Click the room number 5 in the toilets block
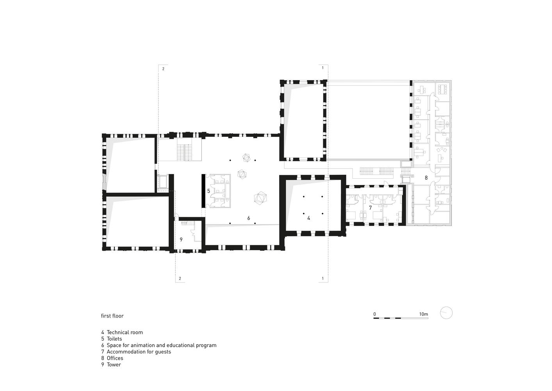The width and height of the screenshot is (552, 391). tap(208, 191)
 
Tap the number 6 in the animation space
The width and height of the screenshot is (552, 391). tap(249, 218)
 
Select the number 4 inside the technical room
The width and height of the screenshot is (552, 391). tap(308, 218)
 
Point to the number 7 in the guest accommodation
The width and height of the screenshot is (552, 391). tap(370, 208)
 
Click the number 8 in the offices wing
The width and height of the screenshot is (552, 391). tap(426, 178)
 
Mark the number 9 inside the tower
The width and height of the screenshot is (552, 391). tap(181, 239)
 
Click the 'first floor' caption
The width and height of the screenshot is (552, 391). tap(112, 316)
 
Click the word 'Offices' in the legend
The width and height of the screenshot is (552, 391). tap(115, 358)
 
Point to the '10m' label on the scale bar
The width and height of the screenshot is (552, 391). tap(424, 314)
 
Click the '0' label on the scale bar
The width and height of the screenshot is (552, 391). tap(375, 314)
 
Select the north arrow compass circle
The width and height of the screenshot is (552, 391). tap(446, 313)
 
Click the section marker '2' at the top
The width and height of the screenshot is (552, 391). tap(163, 69)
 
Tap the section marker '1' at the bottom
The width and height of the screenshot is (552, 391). tap(323, 278)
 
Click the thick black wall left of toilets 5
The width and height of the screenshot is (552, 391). tap(203, 191)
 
